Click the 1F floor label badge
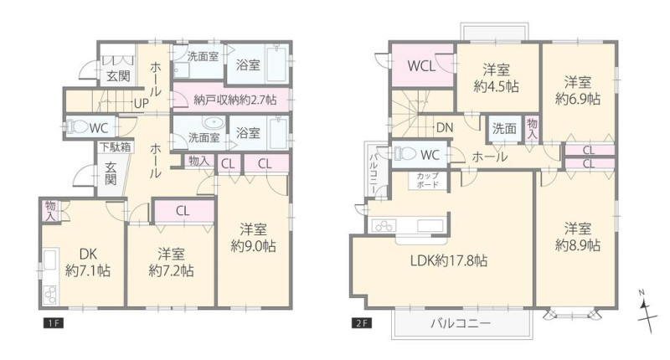tap(54, 323)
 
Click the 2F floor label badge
tap(362, 323)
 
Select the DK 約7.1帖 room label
tap(88, 262)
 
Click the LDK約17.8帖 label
tap(449, 260)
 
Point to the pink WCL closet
tap(422, 65)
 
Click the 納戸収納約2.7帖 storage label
tap(235, 100)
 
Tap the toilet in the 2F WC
tap(405, 154)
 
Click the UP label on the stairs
tap(142, 104)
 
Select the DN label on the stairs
tap(445, 128)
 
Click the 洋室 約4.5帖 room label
tap(496, 78)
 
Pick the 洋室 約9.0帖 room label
tap(253, 238)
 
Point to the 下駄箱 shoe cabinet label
tap(115, 147)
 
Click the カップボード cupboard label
tap(427, 180)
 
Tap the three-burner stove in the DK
tap(50, 295)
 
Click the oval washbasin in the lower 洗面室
tap(214, 122)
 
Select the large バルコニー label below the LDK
tap(460, 323)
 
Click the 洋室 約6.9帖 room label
tap(577, 90)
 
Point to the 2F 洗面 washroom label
tap(504, 128)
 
